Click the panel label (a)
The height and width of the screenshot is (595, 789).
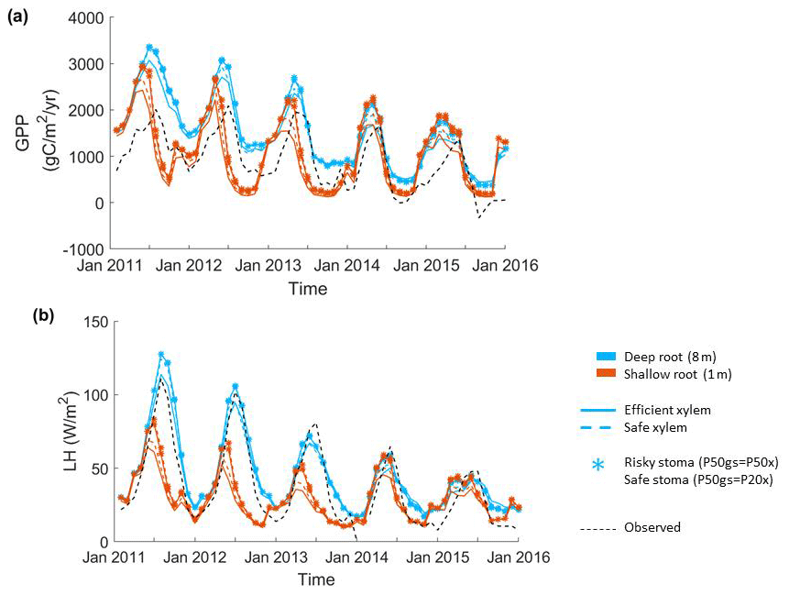pos(17,16)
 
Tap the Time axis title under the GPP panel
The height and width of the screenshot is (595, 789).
pos(308,288)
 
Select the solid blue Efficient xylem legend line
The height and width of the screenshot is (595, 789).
pos(596,410)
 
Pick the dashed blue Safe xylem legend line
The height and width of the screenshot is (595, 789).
pos(596,427)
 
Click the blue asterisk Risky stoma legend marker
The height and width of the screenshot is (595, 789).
pos(598,465)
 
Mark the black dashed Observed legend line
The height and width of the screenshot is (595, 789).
pos(596,527)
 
